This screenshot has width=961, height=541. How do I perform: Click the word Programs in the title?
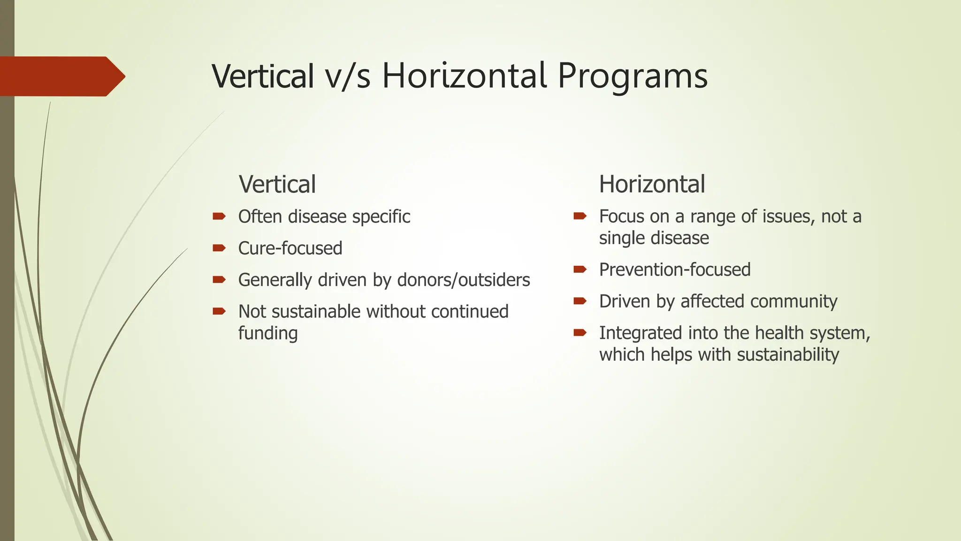pyautogui.click(x=632, y=76)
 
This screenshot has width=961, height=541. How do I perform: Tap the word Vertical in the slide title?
pyautogui.click(x=263, y=76)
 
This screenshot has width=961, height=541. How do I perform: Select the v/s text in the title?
pyautogui.click(x=348, y=76)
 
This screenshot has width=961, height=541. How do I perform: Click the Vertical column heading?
pyautogui.click(x=277, y=184)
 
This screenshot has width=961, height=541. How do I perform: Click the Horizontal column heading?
pyautogui.click(x=652, y=184)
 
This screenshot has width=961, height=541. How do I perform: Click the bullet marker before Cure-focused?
pyautogui.click(x=219, y=248)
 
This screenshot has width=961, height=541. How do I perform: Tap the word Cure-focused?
pyautogui.click(x=290, y=248)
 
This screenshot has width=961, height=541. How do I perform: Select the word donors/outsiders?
pyautogui.click(x=464, y=280)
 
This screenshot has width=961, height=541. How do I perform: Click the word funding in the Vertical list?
pyautogui.click(x=267, y=333)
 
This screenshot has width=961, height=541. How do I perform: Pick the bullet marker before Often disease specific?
pyautogui.click(x=219, y=216)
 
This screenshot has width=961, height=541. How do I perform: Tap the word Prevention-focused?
pyautogui.click(x=674, y=270)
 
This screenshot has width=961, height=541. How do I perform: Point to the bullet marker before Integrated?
pyautogui.click(x=580, y=333)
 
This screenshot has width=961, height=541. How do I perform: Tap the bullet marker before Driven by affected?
pyautogui.click(x=580, y=301)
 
